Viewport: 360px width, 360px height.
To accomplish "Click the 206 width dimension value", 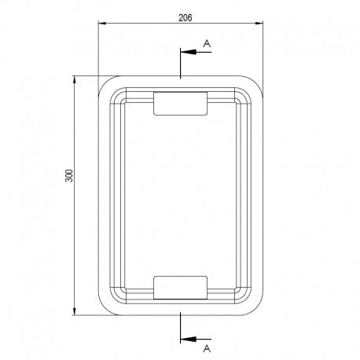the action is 186,18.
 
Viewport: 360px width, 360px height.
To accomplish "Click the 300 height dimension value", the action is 69,175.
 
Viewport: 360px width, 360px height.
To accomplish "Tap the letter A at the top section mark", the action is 207,43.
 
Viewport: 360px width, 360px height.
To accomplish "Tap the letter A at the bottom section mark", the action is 207,349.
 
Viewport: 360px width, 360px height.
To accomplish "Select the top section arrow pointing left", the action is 196,52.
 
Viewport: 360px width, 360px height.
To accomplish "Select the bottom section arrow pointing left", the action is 196,340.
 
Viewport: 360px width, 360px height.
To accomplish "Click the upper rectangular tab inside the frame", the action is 180,104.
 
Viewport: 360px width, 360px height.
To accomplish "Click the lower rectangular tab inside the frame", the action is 180,288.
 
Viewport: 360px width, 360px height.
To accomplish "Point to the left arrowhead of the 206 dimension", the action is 102,24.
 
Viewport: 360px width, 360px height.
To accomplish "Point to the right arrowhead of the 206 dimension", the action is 259,24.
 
